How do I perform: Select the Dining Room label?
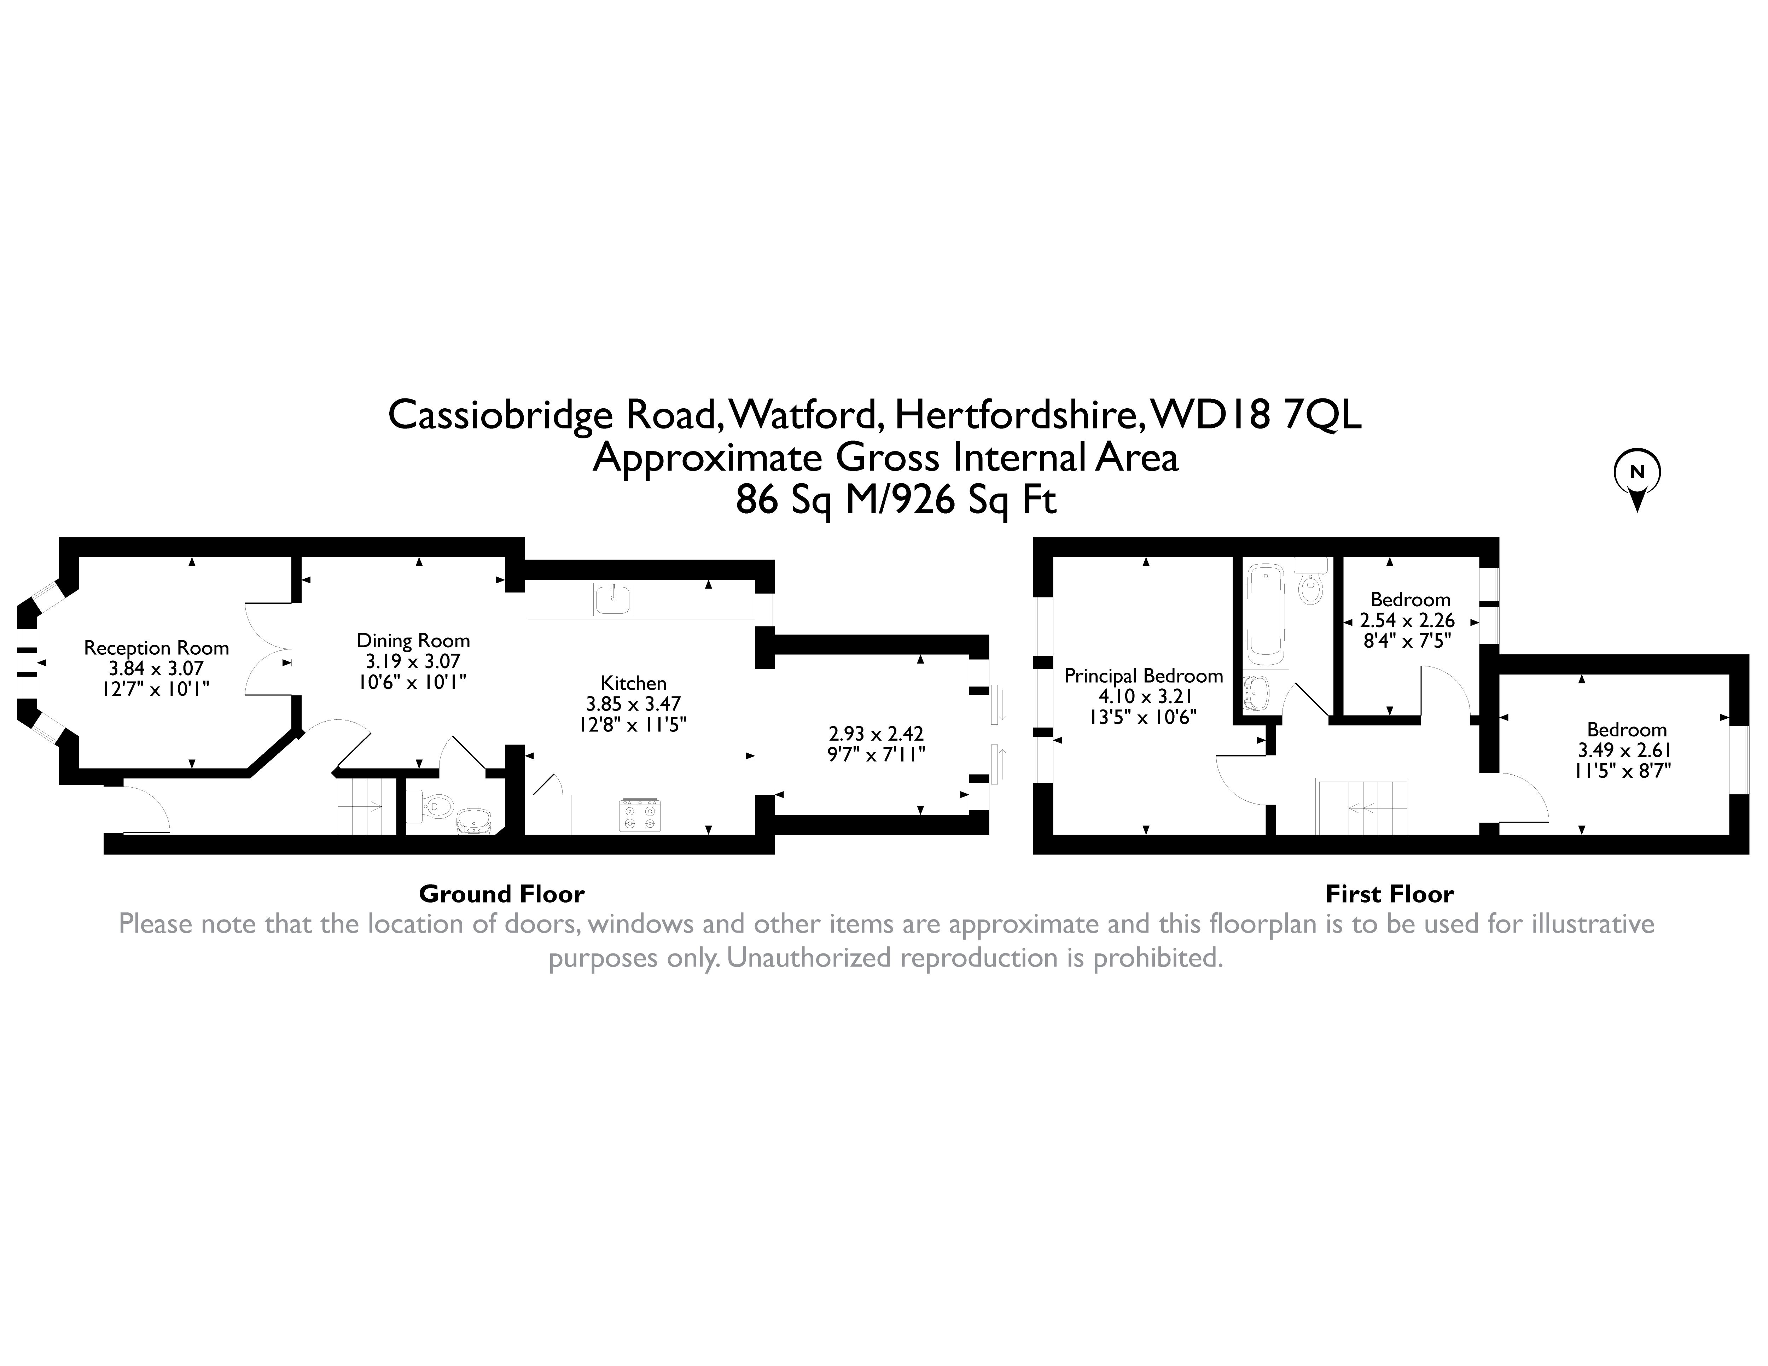(x=413, y=641)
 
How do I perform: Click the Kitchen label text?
(x=633, y=683)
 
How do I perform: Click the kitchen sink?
(x=613, y=600)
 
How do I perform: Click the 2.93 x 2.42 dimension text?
(x=876, y=734)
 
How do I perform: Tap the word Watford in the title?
(x=806, y=415)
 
